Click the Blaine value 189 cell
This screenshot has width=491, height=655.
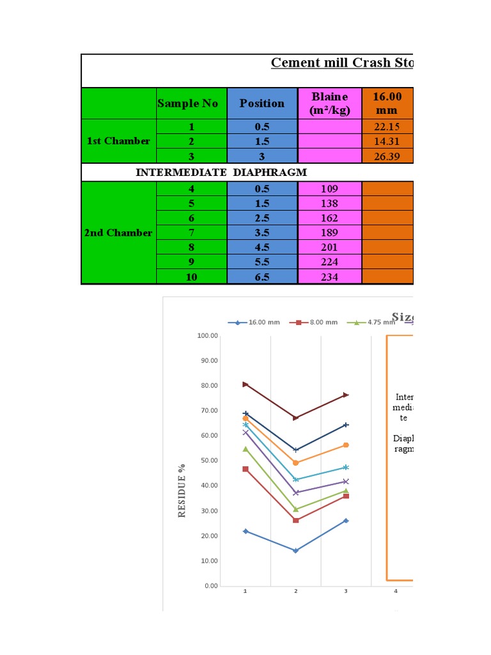coord(330,233)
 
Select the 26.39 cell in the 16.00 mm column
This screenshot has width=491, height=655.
coord(387,157)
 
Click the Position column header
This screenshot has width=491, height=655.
coord(262,104)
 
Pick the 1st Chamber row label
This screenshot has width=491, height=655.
coord(119,141)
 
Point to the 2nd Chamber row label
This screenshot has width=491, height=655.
coord(119,233)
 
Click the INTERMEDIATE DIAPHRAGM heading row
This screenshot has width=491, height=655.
coord(221,172)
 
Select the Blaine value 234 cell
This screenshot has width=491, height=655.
coord(330,278)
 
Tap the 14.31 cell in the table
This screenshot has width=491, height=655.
coord(387,141)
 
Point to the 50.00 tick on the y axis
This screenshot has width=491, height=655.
coord(208,461)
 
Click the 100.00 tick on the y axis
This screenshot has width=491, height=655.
coord(207,336)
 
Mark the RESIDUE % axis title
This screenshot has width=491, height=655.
coord(182,491)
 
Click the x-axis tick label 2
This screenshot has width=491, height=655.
coord(295,591)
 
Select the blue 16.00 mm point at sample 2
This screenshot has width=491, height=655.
coord(295,550)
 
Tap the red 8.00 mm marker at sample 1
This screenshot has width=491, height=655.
coord(245,469)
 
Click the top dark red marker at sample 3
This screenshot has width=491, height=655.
coord(346,395)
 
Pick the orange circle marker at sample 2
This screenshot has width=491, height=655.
coord(295,462)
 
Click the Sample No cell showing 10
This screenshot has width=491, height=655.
coord(192,278)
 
